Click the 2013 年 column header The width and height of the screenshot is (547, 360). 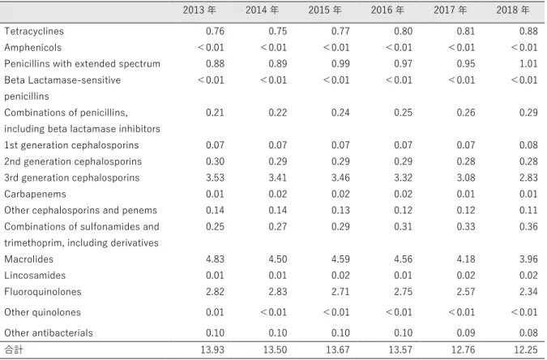click(x=199, y=10)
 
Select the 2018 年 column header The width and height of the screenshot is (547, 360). click(x=513, y=10)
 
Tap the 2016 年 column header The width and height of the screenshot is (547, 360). click(x=387, y=10)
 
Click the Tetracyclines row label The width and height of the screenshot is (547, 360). click(x=34, y=31)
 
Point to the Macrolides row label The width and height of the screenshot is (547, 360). click(x=28, y=259)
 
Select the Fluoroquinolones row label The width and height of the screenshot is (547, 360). click(x=43, y=292)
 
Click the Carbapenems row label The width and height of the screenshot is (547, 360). click(x=35, y=194)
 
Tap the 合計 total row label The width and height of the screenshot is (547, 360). click(x=14, y=349)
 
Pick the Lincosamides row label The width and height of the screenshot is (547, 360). click(x=35, y=275)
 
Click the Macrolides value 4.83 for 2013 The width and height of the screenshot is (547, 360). click(x=215, y=259)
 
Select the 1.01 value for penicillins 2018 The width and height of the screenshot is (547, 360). click(x=528, y=63)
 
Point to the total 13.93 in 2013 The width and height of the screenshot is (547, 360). click(x=212, y=349)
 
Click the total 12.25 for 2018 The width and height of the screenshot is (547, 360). click(x=526, y=349)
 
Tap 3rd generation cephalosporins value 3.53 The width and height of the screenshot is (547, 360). click(x=215, y=178)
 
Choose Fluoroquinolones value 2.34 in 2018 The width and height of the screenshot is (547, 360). click(x=528, y=292)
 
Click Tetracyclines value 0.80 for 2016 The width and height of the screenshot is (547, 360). click(x=404, y=31)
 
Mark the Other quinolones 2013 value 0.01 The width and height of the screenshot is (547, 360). click(x=215, y=312)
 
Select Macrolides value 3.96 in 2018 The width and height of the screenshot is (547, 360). click(x=528, y=259)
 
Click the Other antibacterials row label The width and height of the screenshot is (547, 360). click(x=49, y=332)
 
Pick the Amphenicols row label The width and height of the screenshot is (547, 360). click(x=32, y=47)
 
